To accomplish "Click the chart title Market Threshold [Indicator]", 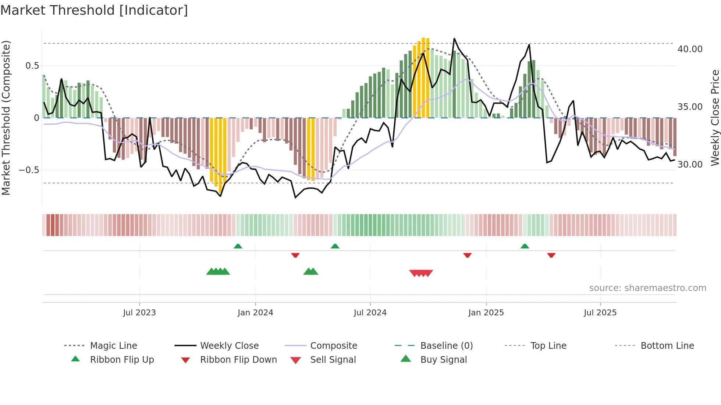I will tap(94, 10).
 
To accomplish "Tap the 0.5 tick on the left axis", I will tap(32, 66).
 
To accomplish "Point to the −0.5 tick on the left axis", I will tap(29, 170).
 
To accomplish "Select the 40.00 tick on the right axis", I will tap(690, 49).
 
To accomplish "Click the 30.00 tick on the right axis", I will tap(690, 165).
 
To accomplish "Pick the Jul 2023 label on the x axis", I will tap(139, 313).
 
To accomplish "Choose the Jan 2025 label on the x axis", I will tap(486, 313).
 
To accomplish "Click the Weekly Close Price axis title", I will tap(715, 118).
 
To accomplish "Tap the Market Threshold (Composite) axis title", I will tap(6, 118).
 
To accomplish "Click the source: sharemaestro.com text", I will tap(647, 288).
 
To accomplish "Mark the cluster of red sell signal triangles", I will tap(421, 273).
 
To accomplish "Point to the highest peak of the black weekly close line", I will tap(454, 39).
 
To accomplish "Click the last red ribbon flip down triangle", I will tap(551, 255).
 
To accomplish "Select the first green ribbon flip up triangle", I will tap(238, 246).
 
